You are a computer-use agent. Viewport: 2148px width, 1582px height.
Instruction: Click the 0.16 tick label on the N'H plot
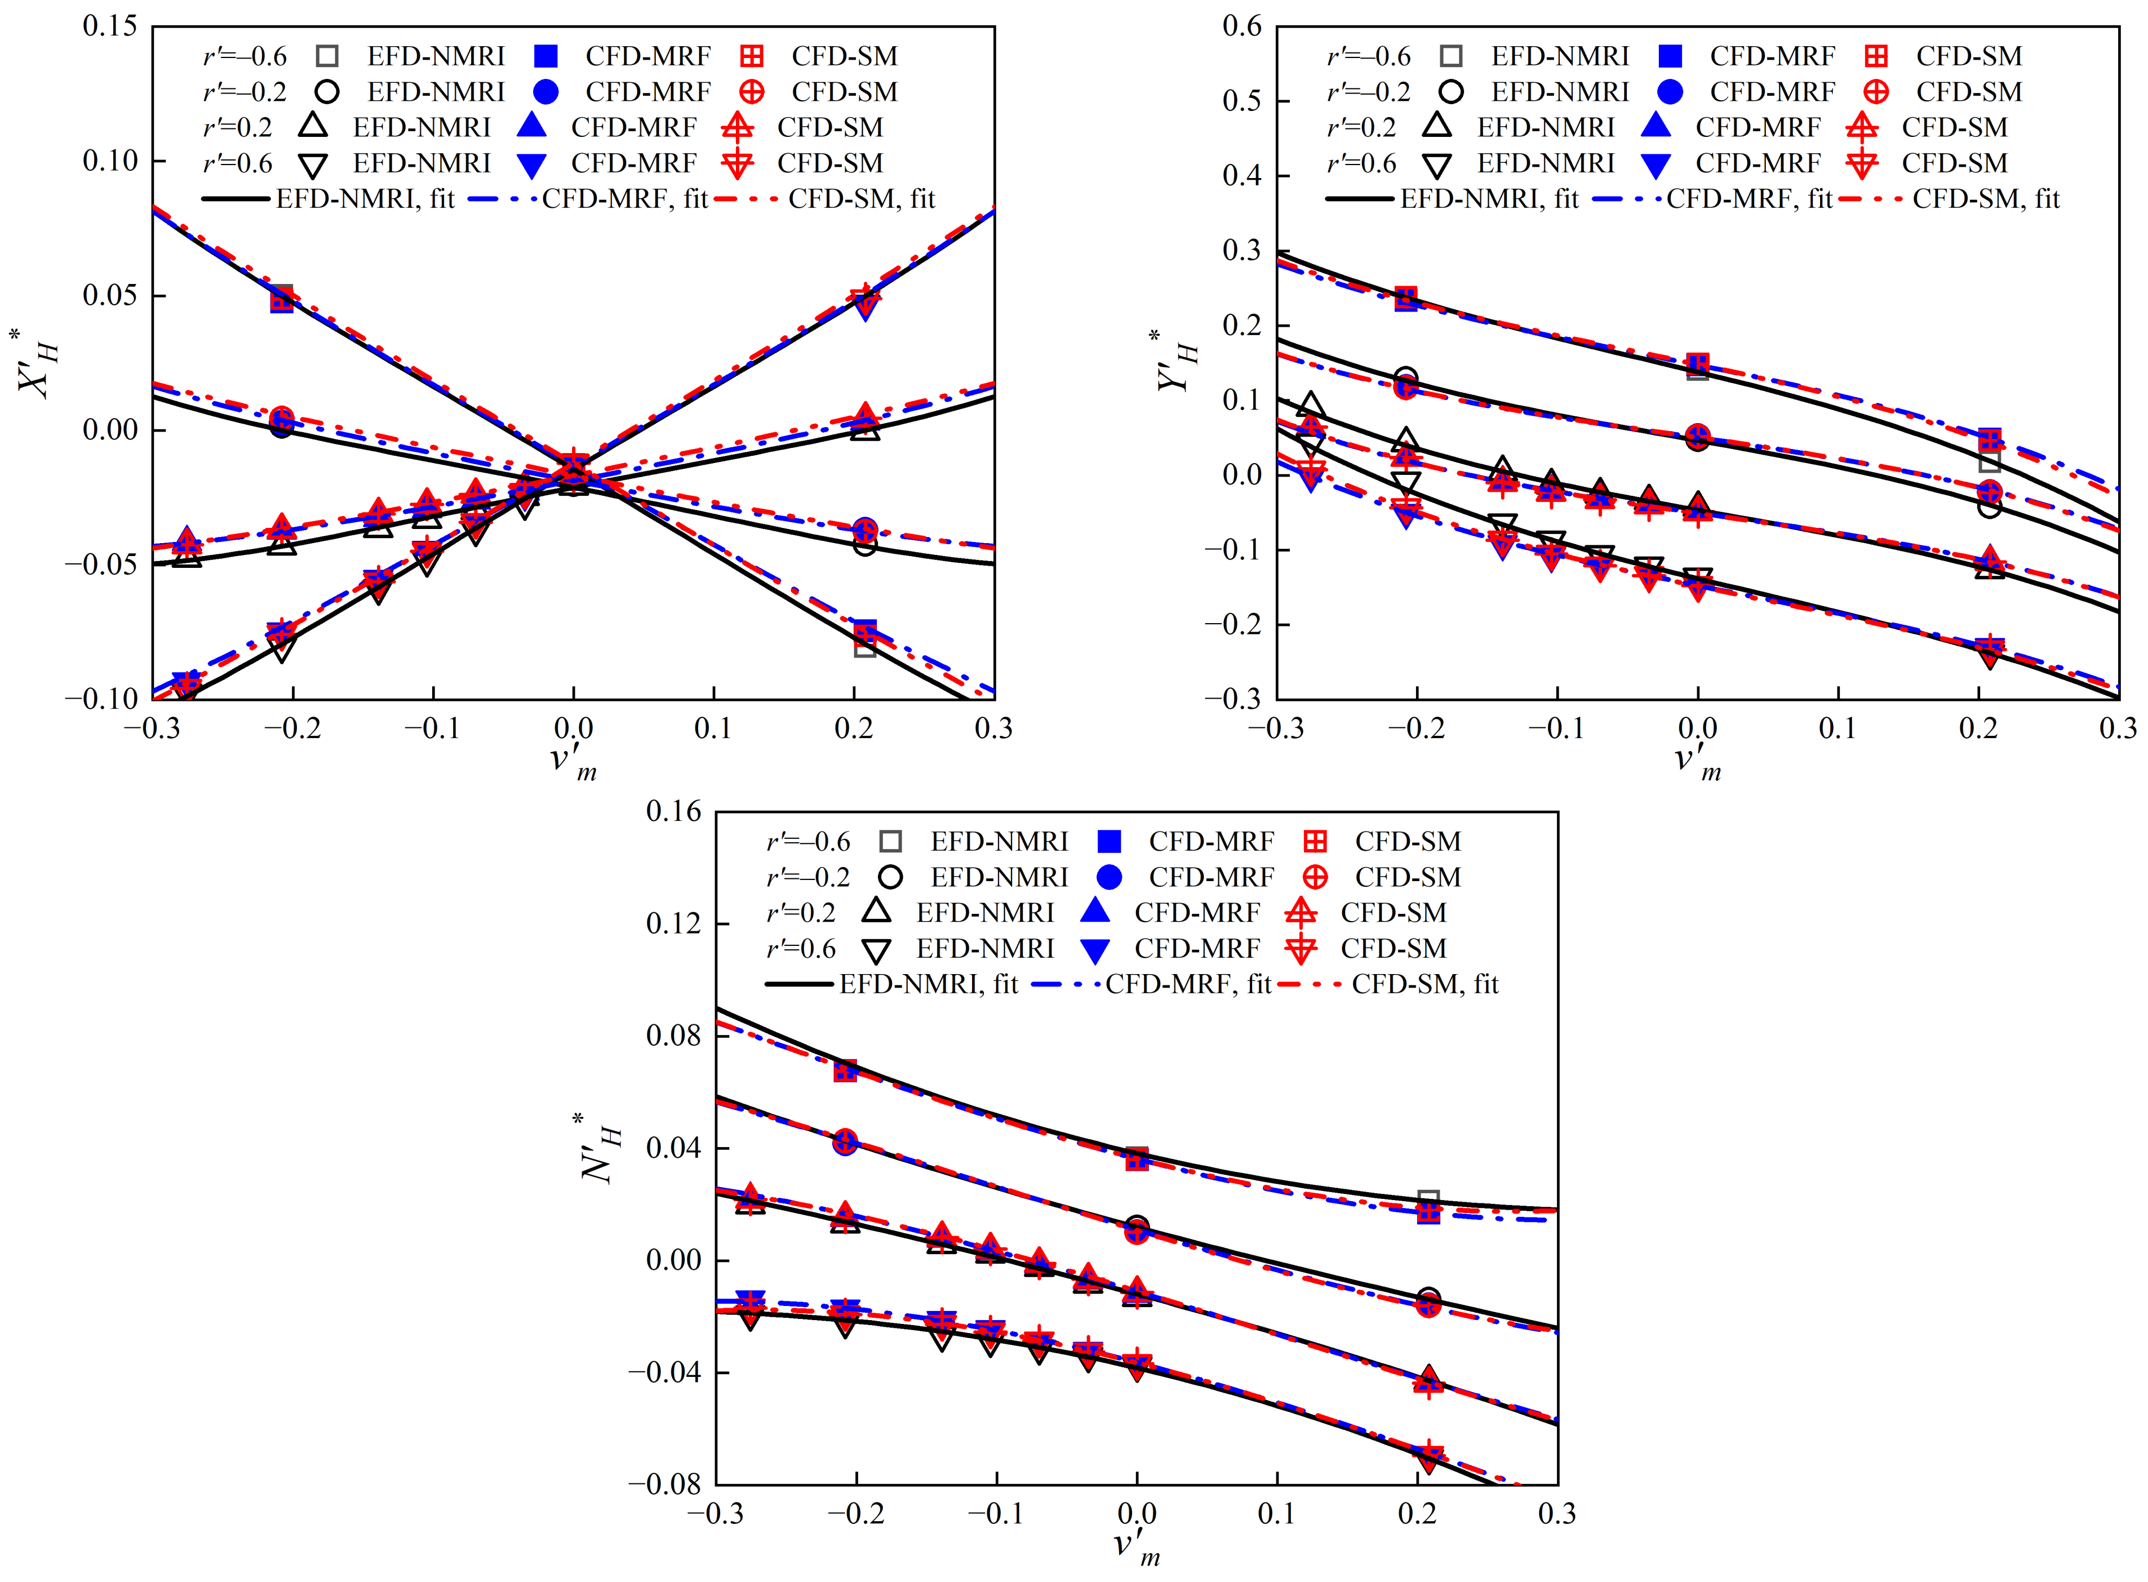pos(673,812)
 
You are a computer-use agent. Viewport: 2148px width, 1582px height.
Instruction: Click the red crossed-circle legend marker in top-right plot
pos(1876,92)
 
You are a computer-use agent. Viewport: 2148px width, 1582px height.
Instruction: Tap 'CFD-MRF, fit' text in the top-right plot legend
pos(1748,199)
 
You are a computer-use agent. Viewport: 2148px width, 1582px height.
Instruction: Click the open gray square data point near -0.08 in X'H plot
pos(865,646)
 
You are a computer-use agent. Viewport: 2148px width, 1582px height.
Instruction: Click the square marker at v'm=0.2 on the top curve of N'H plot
pos(1428,1201)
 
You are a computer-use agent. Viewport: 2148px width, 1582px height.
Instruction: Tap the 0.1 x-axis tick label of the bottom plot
pos(1276,1514)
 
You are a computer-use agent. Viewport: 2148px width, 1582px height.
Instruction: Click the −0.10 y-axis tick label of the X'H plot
pos(101,699)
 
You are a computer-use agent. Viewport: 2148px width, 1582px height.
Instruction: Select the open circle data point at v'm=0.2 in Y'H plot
pos(1989,505)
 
